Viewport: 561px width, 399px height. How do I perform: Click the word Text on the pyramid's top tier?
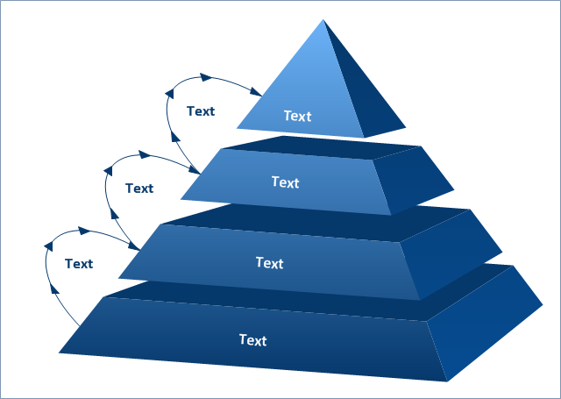click(x=297, y=116)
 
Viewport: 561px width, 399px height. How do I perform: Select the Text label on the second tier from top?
click(x=285, y=182)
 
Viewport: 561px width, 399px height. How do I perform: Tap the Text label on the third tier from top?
click(x=269, y=262)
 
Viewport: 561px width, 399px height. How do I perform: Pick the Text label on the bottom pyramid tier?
click(x=252, y=340)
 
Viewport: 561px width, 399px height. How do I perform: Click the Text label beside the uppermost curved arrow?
click(x=201, y=110)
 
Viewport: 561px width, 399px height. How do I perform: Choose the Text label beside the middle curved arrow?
click(x=139, y=188)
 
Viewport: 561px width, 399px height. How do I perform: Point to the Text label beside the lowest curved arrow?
click(x=78, y=263)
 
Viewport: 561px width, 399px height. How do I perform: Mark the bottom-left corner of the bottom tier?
click(x=59, y=353)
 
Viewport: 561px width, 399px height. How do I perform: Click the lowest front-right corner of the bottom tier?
click(x=447, y=381)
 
